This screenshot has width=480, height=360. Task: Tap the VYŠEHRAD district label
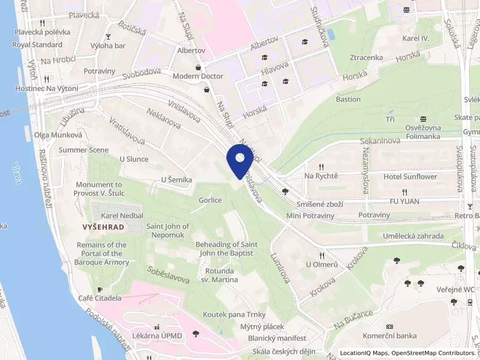[103, 227]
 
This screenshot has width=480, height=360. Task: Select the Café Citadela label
[100, 298]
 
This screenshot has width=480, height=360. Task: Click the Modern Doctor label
[197, 76]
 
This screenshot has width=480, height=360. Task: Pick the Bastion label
[348, 99]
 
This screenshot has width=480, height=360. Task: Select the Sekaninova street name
[380, 142]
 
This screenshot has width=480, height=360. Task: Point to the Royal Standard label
[37, 44]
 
